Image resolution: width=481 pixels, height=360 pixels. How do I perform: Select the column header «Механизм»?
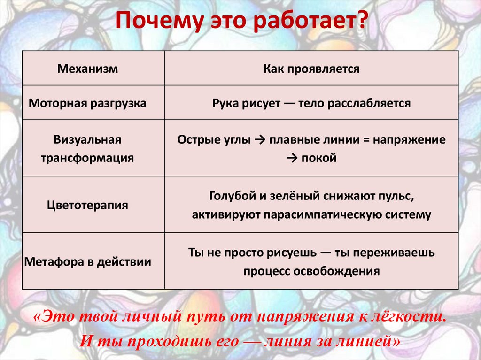pos(87,69)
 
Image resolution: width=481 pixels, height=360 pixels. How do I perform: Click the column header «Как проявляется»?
pos(311,69)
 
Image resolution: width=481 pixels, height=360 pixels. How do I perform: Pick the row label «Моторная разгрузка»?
pos(88,103)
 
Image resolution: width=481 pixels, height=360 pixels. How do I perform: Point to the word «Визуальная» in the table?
pos(87,140)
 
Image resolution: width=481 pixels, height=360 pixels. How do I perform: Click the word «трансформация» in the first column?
pos(87,158)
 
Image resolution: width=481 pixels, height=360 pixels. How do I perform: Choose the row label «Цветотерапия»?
pos(87,205)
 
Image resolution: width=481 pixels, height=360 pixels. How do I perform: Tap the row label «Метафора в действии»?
pos(88,261)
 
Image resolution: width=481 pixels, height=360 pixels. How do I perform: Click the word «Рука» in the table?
pos(225,103)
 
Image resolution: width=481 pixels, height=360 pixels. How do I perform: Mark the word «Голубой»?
pos(230,196)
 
